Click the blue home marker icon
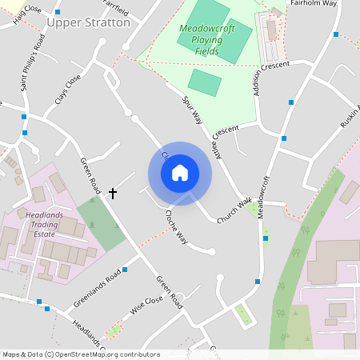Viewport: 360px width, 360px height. point(180,173)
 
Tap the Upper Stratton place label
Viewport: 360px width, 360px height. point(88,22)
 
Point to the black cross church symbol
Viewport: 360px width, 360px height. point(113,194)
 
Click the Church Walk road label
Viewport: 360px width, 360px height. point(234,210)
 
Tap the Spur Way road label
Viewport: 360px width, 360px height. point(192,113)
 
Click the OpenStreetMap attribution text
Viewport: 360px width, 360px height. point(80,354)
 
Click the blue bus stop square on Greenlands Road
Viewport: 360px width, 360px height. point(125,270)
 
